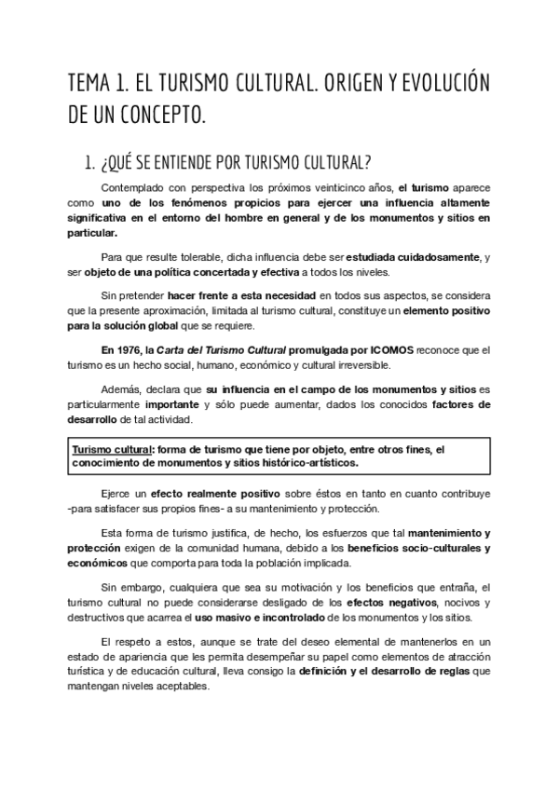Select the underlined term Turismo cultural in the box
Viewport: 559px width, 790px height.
pos(112,448)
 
